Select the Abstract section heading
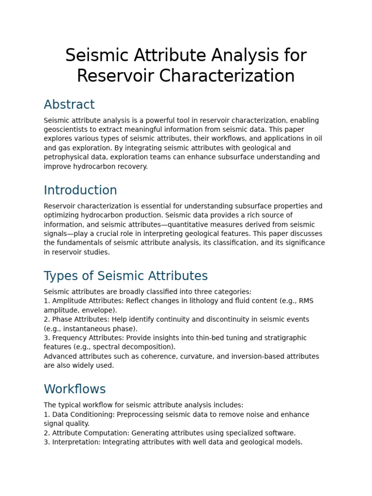(69, 105)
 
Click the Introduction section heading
(80, 190)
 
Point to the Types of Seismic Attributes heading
(125, 276)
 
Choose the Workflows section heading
(75, 389)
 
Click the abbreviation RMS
(306, 301)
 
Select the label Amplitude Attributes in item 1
(81, 301)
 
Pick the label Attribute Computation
(90, 433)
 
